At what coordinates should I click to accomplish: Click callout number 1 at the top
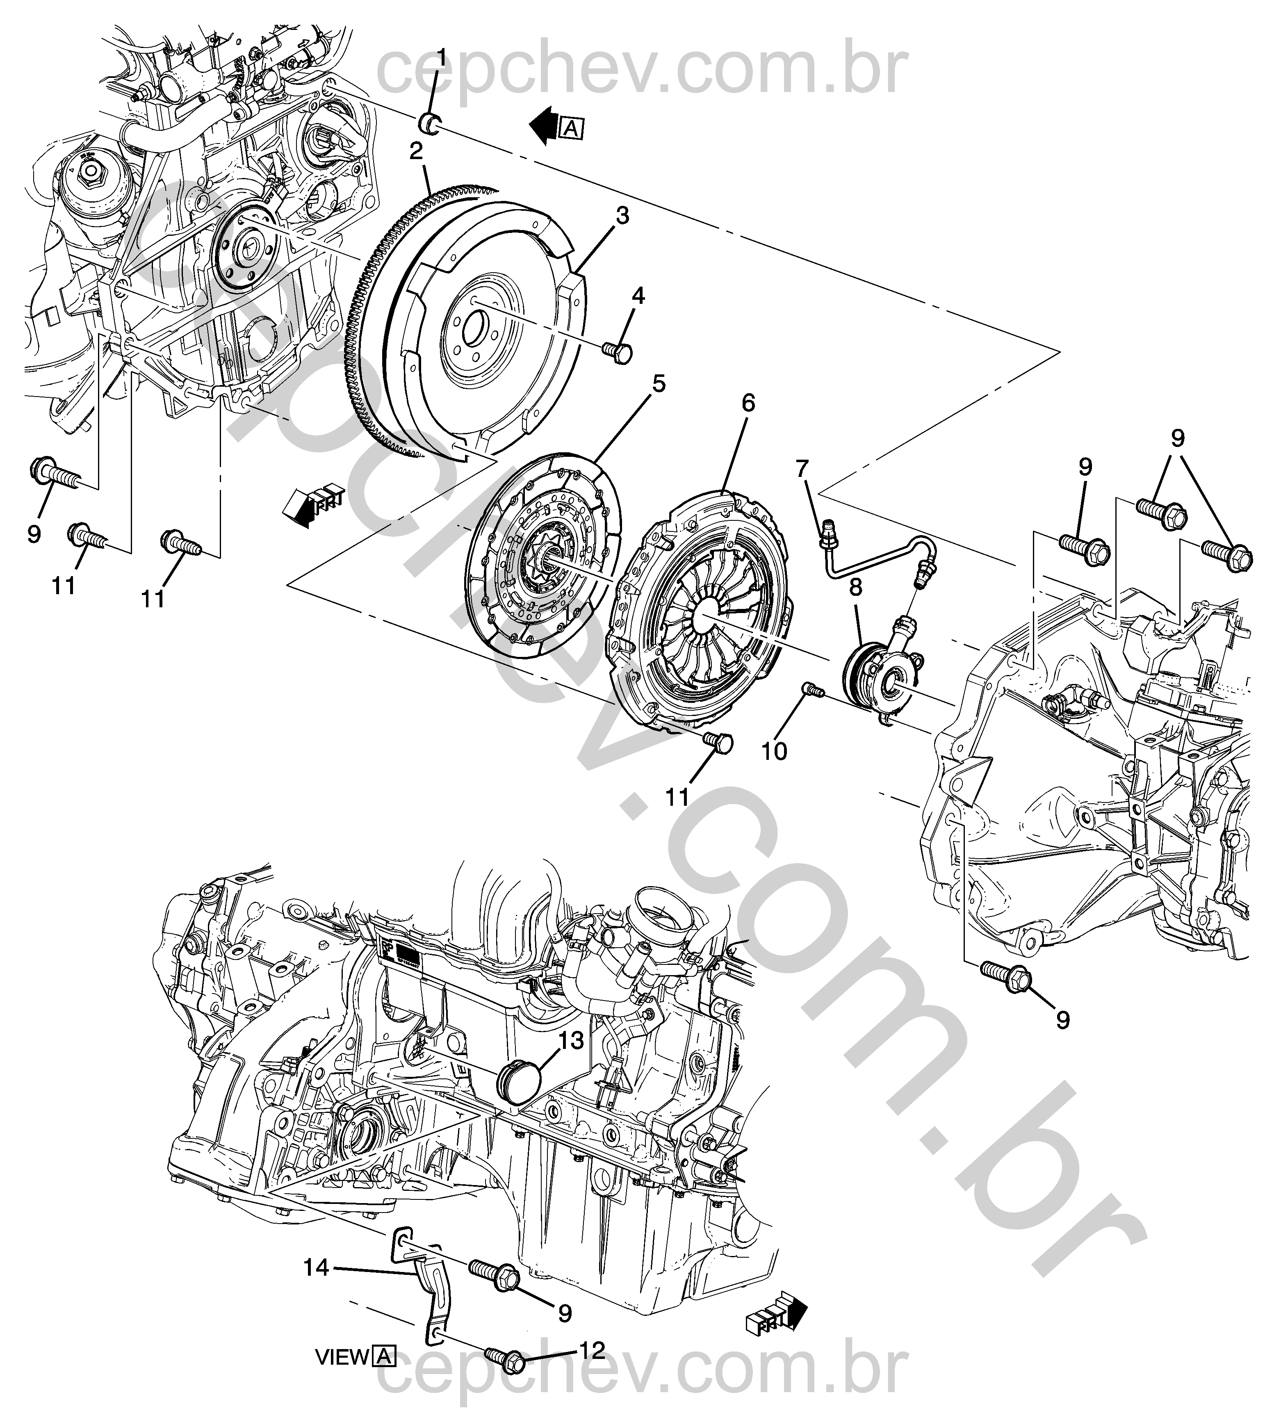click(442, 58)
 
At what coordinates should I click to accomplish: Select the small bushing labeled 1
click(431, 122)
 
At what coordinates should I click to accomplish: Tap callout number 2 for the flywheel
click(416, 150)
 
